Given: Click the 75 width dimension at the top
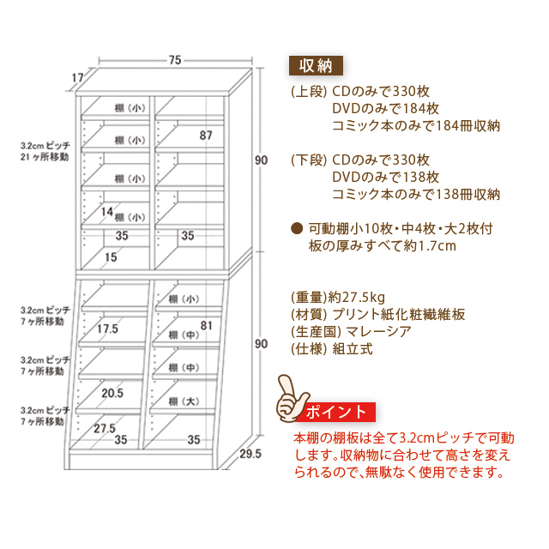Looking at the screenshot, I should point(175,60).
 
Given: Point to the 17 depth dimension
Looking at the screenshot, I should point(77,78).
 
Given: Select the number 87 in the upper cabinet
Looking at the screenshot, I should point(206,136).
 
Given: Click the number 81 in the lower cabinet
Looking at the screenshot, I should point(206,325).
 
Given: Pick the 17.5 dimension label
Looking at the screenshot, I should point(107,329).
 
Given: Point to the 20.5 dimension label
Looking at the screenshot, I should point(112,394).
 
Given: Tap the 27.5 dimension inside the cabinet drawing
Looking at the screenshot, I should point(105,428).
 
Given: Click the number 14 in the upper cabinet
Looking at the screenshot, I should point(107,211).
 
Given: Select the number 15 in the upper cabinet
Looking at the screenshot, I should point(112,256).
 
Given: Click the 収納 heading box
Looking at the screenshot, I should point(316,66).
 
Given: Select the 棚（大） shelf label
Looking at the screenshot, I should point(184,401).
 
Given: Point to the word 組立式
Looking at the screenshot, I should point(353,350).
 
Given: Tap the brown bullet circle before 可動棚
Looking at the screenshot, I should point(297,229).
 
